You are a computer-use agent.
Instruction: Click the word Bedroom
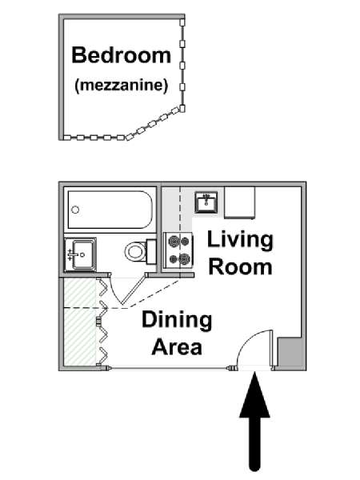click(122, 55)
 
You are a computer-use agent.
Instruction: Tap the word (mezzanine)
click(122, 85)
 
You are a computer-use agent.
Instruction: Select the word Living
click(240, 241)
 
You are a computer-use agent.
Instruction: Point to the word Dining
click(177, 320)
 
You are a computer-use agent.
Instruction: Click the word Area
click(177, 347)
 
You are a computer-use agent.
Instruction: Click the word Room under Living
click(240, 266)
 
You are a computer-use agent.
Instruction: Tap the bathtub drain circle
click(75, 210)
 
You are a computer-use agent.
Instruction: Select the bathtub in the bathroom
click(110, 210)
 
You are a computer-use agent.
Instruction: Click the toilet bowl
click(135, 252)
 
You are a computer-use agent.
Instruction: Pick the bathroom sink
click(80, 254)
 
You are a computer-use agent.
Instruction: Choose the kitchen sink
click(206, 202)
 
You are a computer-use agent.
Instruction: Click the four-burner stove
click(178, 250)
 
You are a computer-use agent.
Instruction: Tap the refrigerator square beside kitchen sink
click(240, 202)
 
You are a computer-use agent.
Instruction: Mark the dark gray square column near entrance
click(289, 351)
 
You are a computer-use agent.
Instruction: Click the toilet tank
click(151, 252)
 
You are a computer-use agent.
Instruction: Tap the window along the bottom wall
click(170, 368)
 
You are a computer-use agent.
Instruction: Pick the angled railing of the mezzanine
click(155, 123)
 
